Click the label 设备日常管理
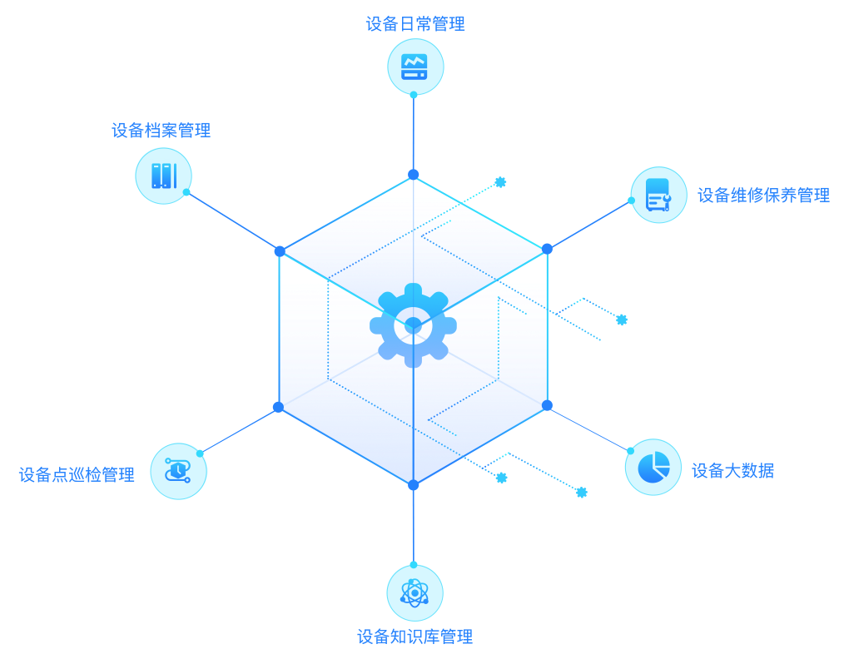coord(415,24)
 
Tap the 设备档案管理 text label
coord(161,131)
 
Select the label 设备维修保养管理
coord(763,196)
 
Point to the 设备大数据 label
coord(732,471)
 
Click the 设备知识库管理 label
coord(415,637)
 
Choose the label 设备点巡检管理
coord(77,475)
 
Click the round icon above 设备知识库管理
coord(415,592)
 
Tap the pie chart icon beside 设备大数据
coord(653,467)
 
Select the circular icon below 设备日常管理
coord(415,66)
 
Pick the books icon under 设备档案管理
coord(163,176)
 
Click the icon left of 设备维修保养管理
coord(658,195)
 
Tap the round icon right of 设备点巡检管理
coord(178,471)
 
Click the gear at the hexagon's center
coord(413,325)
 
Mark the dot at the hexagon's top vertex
coord(413,175)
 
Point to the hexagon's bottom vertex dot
coord(413,485)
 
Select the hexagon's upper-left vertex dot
coord(280,251)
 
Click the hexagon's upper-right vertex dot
coord(547,249)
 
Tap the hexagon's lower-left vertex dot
coord(278,407)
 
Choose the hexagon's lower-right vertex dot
coord(547,405)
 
